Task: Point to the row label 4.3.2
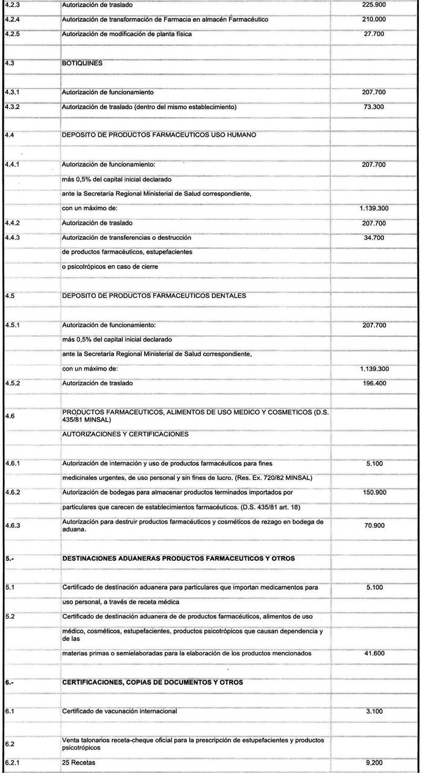pos(12,107)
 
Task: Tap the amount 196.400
pos(379,383)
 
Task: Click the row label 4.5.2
pos(12,383)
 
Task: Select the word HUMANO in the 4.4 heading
pos(239,135)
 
